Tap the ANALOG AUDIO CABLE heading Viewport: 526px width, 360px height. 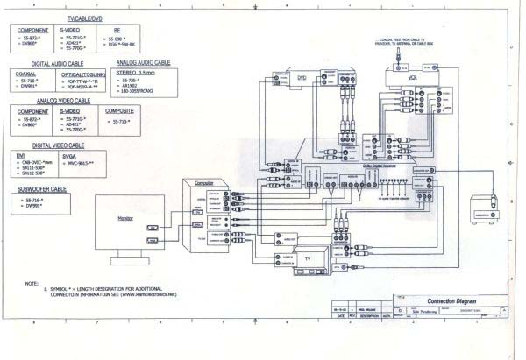[143, 63]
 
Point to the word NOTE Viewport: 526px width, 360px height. [32, 282]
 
